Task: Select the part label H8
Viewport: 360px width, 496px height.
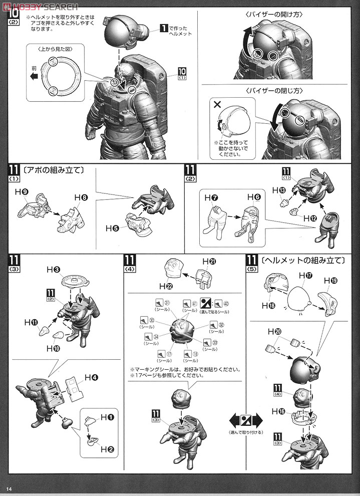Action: (x=81, y=198)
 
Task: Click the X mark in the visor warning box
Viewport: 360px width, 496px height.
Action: (x=217, y=106)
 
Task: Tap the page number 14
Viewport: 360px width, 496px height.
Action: (x=9, y=488)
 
